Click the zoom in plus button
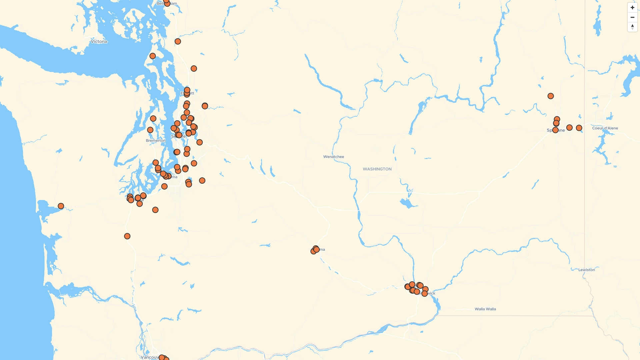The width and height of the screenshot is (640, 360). pyautogui.click(x=632, y=8)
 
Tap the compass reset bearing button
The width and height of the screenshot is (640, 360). pyautogui.click(x=632, y=27)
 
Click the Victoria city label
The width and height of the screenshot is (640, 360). pyautogui.click(x=99, y=42)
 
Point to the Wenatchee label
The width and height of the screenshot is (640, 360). pyautogui.click(x=333, y=157)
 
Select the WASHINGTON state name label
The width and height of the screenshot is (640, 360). pyautogui.click(x=377, y=169)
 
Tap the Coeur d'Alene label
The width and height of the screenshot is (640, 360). pyautogui.click(x=605, y=128)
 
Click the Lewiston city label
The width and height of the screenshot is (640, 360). pyautogui.click(x=586, y=270)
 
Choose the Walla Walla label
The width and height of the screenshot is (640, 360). pyautogui.click(x=485, y=309)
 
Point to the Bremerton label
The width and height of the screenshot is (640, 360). pyautogui.click(x=156, y=141)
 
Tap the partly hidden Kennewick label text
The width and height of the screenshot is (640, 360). pyautogui.click(x=431, y=293)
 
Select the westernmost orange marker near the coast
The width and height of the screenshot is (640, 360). pyautogui.click(x=61, y=206)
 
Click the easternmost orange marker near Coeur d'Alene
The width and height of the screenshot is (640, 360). pyautogui.click(x=579, y=128)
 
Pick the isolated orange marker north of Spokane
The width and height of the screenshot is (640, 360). pyautogui.click(x=551, y=96)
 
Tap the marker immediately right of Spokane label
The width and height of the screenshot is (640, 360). pyautogui.click(x=569, y=128)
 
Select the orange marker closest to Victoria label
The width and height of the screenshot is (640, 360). pyautogui.click(x=152, y=56)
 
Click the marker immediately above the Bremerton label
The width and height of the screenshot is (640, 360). pyautogui.click(x=150, y=130)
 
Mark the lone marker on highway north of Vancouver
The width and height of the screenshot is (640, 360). pyautogui.click(x=127, y=236)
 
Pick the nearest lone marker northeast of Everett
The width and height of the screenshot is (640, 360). pyautogui.click(x=205, y=106)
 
